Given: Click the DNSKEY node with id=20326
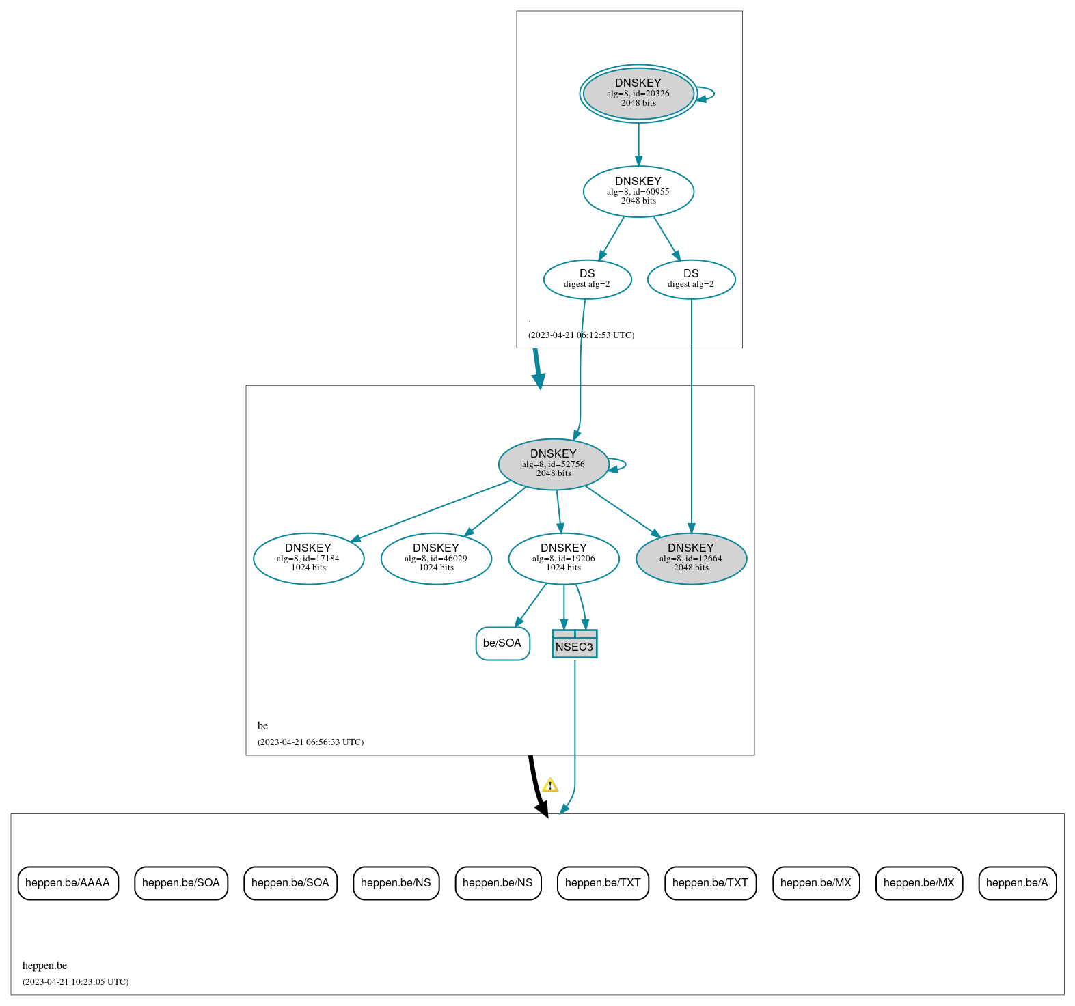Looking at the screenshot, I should point(638,94).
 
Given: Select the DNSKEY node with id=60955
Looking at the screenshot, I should point(638,191).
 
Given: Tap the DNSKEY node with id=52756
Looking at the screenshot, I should point(553,464).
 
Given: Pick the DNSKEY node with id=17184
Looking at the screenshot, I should point(308,558).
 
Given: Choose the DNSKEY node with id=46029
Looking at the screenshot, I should point(436,558).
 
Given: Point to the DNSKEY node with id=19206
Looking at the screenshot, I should point(563,558).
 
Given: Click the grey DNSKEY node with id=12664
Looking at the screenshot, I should point(691,558).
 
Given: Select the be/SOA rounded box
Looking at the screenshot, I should point(502,643).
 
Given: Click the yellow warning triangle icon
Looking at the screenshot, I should point(550,785).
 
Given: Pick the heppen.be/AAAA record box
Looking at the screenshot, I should point(68,883).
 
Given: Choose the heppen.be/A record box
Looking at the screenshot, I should point(1017,883).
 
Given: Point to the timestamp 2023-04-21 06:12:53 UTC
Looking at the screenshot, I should point(581,335).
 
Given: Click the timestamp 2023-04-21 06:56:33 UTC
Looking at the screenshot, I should point(310,742).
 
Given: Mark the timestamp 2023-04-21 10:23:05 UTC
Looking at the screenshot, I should point(75,981).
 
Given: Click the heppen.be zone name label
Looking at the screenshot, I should point(44,965).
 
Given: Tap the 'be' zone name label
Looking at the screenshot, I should point(262,725).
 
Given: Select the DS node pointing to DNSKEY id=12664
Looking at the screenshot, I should point(691,279).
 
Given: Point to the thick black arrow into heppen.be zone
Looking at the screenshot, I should point(535,785).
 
